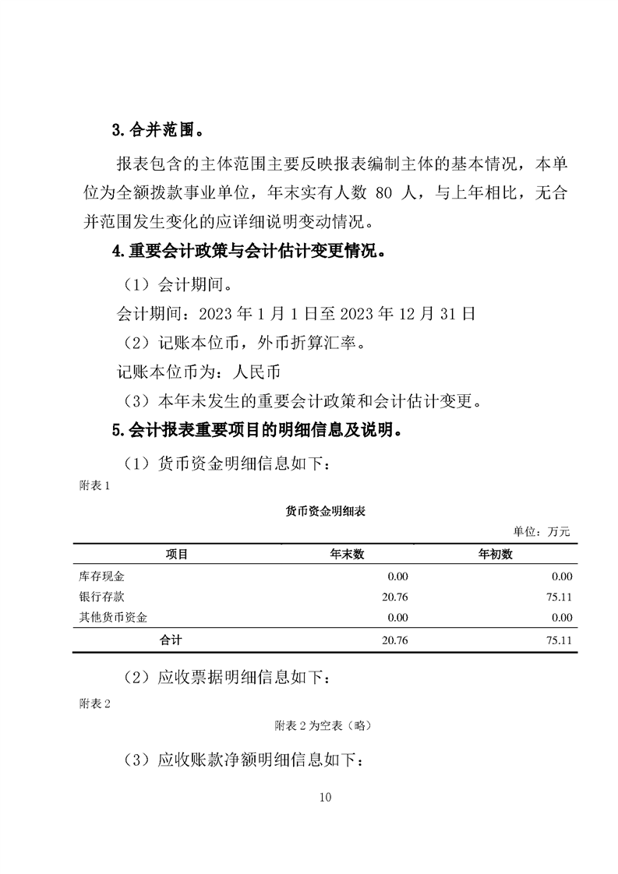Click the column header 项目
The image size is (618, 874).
click(177, 555)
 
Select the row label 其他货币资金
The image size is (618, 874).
click(114, 617)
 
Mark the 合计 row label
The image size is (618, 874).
click(171, 640)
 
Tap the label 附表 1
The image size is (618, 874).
click(96, 485)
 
